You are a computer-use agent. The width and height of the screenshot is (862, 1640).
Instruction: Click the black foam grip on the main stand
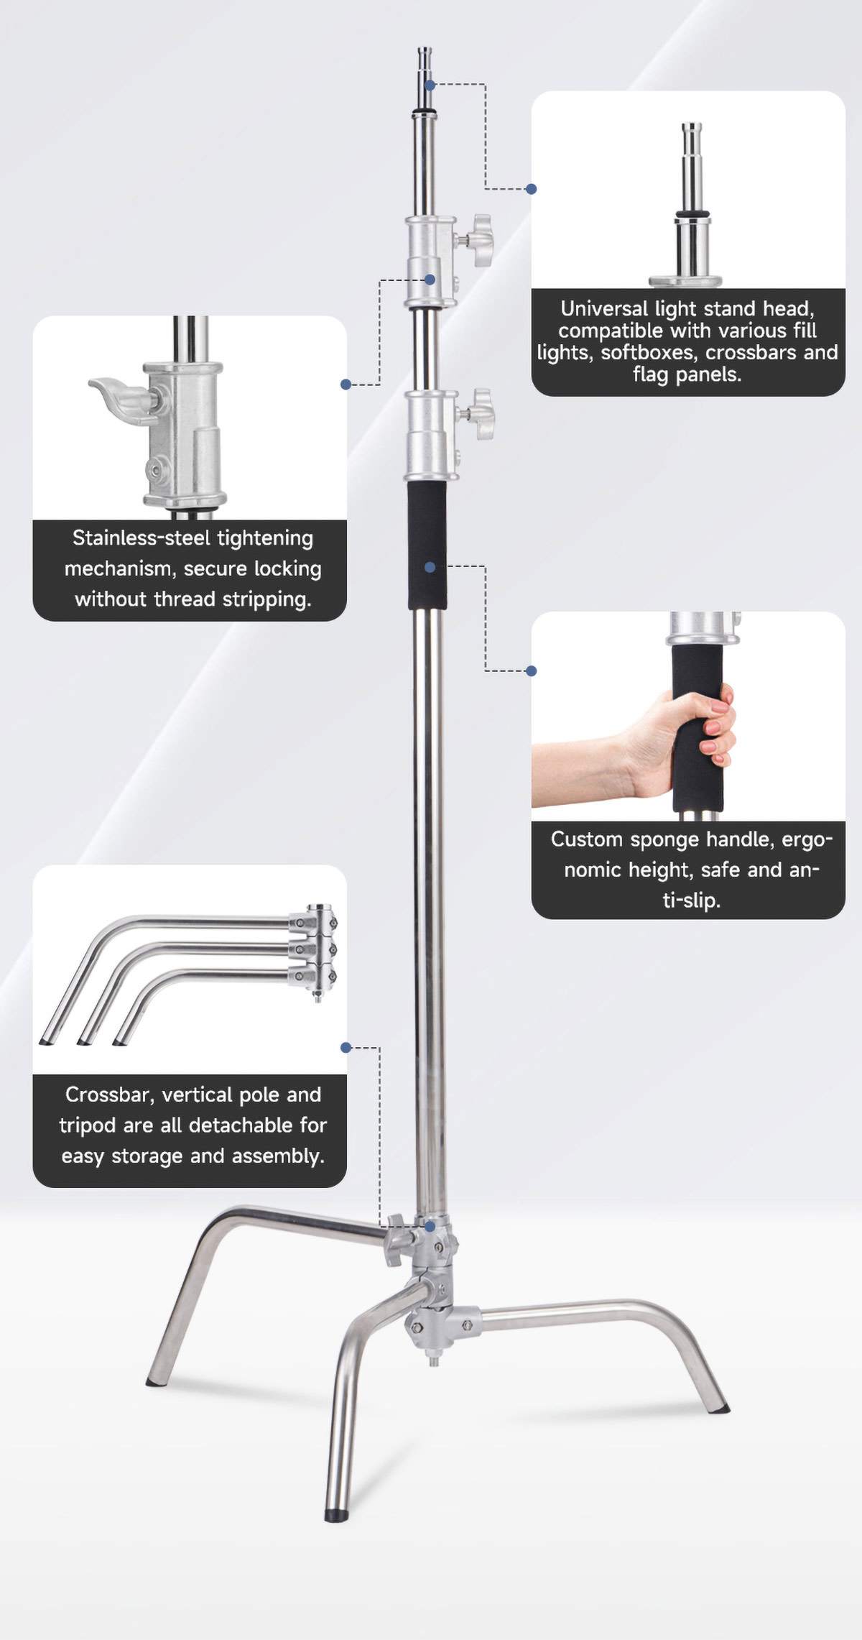[427, 545]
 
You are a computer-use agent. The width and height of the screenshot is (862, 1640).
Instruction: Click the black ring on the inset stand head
[692, 213]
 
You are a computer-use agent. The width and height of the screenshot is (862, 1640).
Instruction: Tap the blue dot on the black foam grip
[430, 567]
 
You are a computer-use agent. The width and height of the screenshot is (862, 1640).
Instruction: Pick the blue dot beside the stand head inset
[531, 189]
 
